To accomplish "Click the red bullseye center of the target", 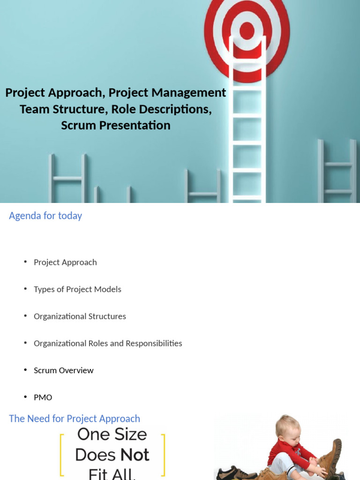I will [x=247, y=31].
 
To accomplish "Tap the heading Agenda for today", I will [x=45, y=216].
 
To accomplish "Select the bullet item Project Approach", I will [x=65, y=262].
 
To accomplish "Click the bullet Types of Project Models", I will [x=77, y=289].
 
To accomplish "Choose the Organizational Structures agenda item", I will [x=80, y=316].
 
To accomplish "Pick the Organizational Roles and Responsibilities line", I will [x=108, y=343].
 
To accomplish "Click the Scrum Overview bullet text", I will [x=63, y=370].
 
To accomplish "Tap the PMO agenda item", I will [x=43, y=397].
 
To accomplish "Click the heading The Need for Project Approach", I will [x=75, y=419].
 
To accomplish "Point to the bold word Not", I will [x=135, y=455].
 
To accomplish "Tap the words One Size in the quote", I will [x=112, y=435].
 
